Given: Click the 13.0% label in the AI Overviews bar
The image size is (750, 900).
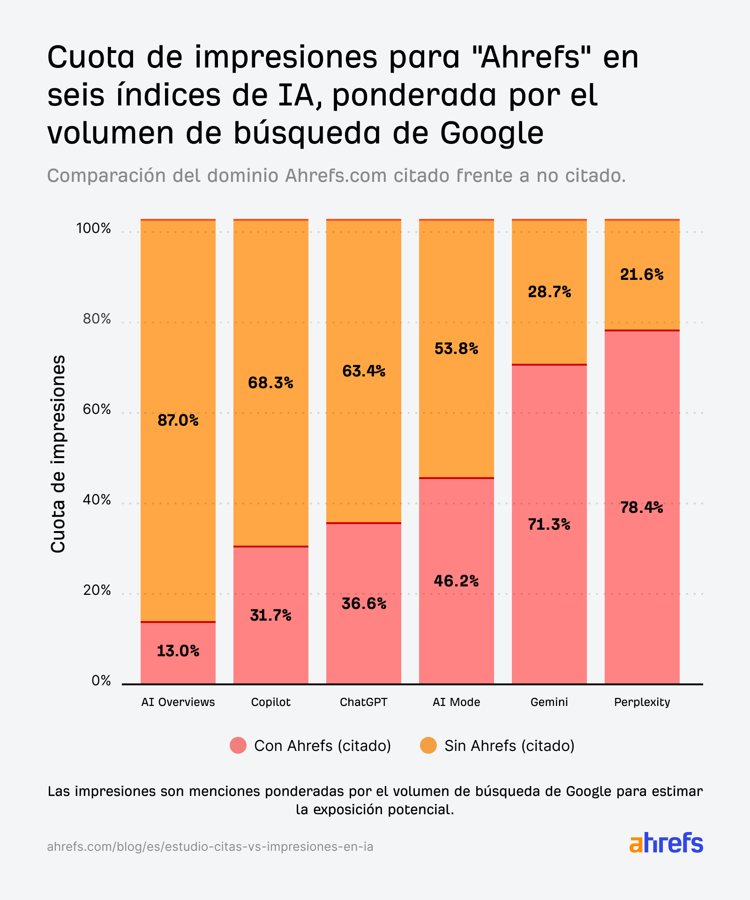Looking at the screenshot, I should [x=178, y=651].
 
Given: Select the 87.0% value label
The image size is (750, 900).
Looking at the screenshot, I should [x=178, y=420].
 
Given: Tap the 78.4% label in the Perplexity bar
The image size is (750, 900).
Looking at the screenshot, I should [x=641, y=508].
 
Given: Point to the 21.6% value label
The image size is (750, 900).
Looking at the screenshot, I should [x=641, y=275].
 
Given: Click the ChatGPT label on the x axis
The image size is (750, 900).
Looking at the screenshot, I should [x=363, y=702].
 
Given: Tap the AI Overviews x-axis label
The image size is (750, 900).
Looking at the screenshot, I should [x=178, y=702].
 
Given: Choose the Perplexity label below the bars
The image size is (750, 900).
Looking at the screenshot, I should [x=642, y=702].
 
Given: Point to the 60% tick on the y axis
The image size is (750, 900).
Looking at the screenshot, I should [x=97, y=410].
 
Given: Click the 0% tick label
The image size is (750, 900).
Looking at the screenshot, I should [x=101, y=681].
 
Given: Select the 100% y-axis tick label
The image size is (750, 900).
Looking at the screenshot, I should [x=94, y=229].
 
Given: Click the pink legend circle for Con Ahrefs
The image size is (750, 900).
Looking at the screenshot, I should [x=238, y=745].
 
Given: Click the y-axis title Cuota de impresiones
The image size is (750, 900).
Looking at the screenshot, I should [x=58, y=454].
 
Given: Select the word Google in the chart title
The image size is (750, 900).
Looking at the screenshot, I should [x=492, y=133].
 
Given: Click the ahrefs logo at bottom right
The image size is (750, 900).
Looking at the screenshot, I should [x=666, y=843].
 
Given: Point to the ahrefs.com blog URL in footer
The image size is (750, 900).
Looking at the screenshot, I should [x=210, y=847].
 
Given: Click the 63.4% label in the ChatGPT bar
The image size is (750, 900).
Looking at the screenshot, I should [x=363, y=371].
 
